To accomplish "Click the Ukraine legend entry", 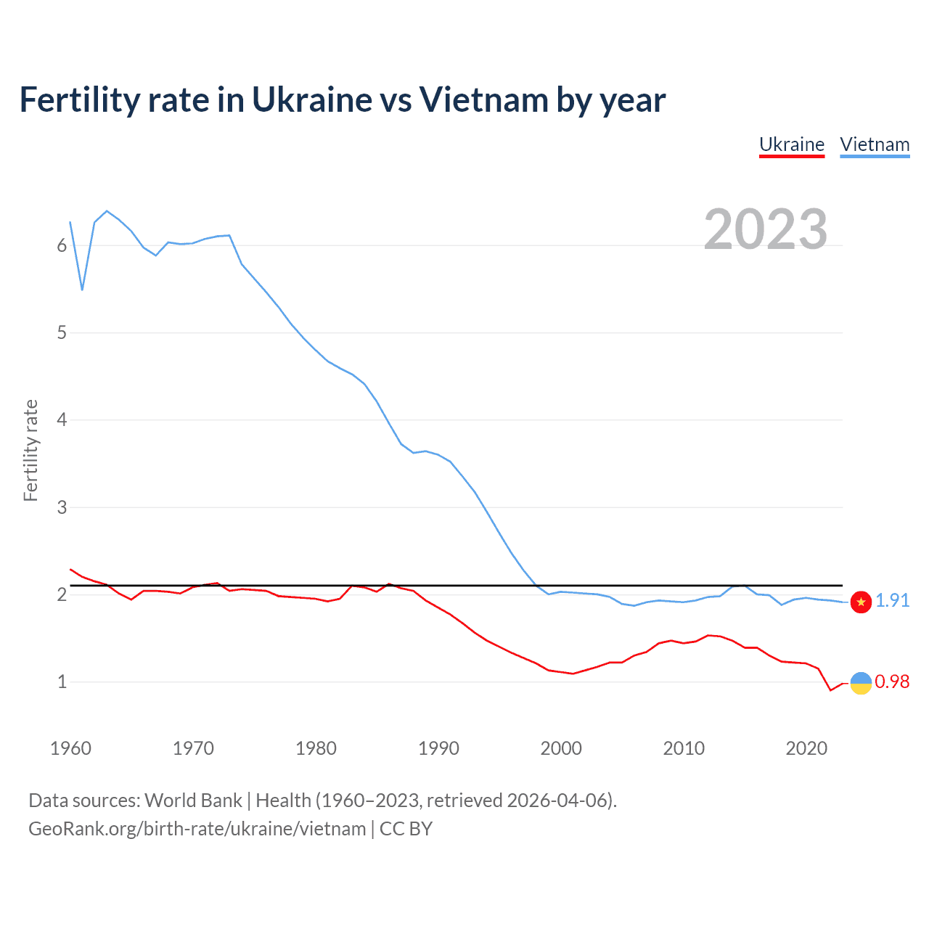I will click(x=791, y=144).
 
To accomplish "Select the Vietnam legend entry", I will click(x=875, y=144).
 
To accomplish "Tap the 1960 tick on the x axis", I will click(x=70, y=748).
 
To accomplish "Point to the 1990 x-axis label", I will click(x=438, y=748).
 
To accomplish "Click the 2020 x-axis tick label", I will click(x=806, y=748).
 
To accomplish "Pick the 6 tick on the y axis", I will click(x=62, y=246).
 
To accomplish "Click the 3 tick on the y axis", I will click(x=62, y=507).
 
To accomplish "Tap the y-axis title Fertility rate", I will click(x=30, y=450).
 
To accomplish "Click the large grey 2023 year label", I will click(x=765, y=229).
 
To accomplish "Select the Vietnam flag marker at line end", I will click(x=861, y=602).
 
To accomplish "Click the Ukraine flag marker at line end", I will click(x=861, y=683).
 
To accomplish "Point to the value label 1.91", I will click(x=892, y=601).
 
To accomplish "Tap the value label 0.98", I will click(x=892, y=682).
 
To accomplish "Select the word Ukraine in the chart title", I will click(x=312, y=100).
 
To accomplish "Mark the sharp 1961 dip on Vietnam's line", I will click(x=83, y=289).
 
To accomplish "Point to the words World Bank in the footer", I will click(x=193, y=801).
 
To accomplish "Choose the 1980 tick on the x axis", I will click(x=316, y=748).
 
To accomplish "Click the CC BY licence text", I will click(x=406, y=829).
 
